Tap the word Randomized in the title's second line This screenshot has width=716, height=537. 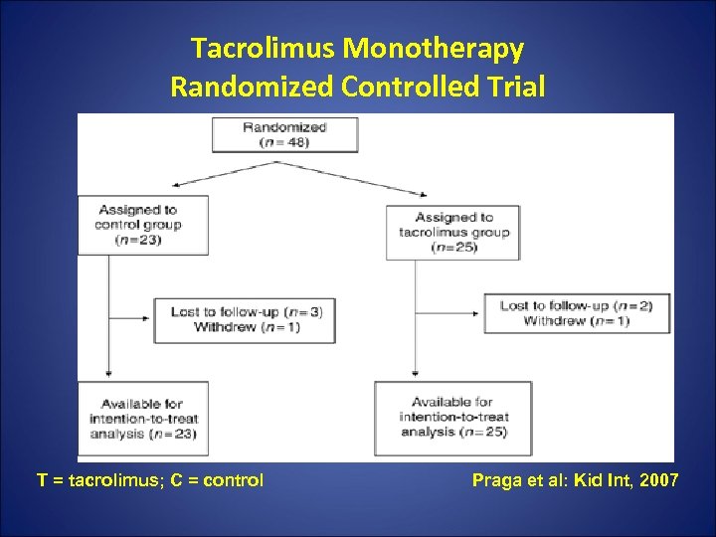(x=252, y=88)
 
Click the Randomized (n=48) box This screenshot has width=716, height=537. (x=284, y=134)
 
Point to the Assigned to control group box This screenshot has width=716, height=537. (x=143, y=225)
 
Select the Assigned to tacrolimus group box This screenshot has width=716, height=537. (x=452, y=232)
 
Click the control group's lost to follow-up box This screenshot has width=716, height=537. (x=245, y=319)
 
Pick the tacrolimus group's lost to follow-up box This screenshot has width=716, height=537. (x=577, y=313)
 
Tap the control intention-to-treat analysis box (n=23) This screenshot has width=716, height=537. (x=143, y=419)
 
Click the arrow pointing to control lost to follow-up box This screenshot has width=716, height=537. (x=130, y=311)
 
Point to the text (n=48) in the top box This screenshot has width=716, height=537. (x=284, y=142)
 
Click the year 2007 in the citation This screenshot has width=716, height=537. (x=659, y=481)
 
